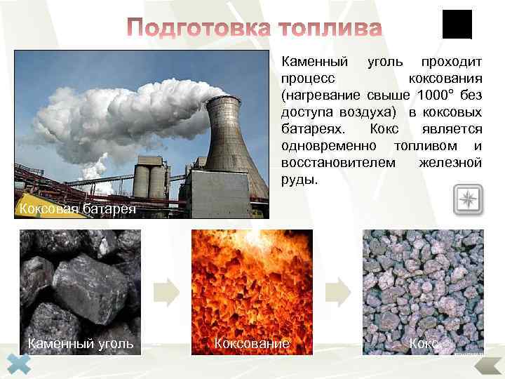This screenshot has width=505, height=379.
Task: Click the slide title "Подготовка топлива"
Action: [255, 29]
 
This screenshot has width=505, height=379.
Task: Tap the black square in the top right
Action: [457, 25]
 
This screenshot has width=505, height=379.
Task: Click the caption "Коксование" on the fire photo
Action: [251, 343]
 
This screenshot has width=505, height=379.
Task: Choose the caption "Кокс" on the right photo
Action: [424, 343]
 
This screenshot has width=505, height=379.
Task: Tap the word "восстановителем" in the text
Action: [330, 163]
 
